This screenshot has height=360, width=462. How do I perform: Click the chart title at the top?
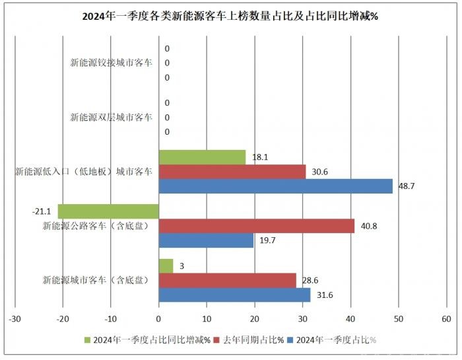click(230, 17)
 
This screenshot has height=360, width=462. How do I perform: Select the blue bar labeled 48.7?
click(276, 186)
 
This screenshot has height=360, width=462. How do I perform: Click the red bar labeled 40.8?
click(257, 226)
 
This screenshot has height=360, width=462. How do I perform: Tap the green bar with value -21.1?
click(108, 211)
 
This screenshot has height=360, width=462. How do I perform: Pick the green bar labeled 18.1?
click(202, 157)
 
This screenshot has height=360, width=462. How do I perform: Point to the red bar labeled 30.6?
click(232, 172)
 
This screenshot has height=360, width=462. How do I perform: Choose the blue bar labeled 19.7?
click(206, 240)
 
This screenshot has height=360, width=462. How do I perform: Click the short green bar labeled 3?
click(166, 266)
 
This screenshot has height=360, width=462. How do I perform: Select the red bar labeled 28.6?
click(228, 280)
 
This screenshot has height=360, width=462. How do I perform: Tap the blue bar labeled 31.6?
click(235, 295)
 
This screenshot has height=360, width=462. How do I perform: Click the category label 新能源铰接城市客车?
click(112, 63)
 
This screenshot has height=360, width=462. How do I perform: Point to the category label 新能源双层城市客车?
click(112, 118)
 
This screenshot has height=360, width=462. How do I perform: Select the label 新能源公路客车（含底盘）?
click(95, 226)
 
